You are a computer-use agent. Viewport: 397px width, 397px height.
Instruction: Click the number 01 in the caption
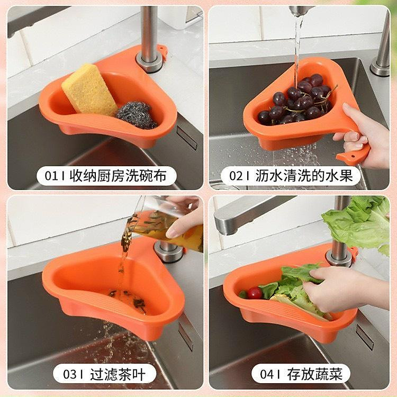tap(52, 176)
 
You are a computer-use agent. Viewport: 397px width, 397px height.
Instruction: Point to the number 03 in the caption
tap(70, 374)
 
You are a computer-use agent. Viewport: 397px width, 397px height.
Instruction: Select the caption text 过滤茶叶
tap(121, 374)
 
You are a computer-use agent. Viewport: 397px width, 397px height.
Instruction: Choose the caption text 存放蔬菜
tap(315, 374)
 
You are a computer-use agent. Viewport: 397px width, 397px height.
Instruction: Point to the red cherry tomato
tap(255, 293)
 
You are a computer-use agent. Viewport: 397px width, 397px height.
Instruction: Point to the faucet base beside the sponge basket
tap(149, 61)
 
